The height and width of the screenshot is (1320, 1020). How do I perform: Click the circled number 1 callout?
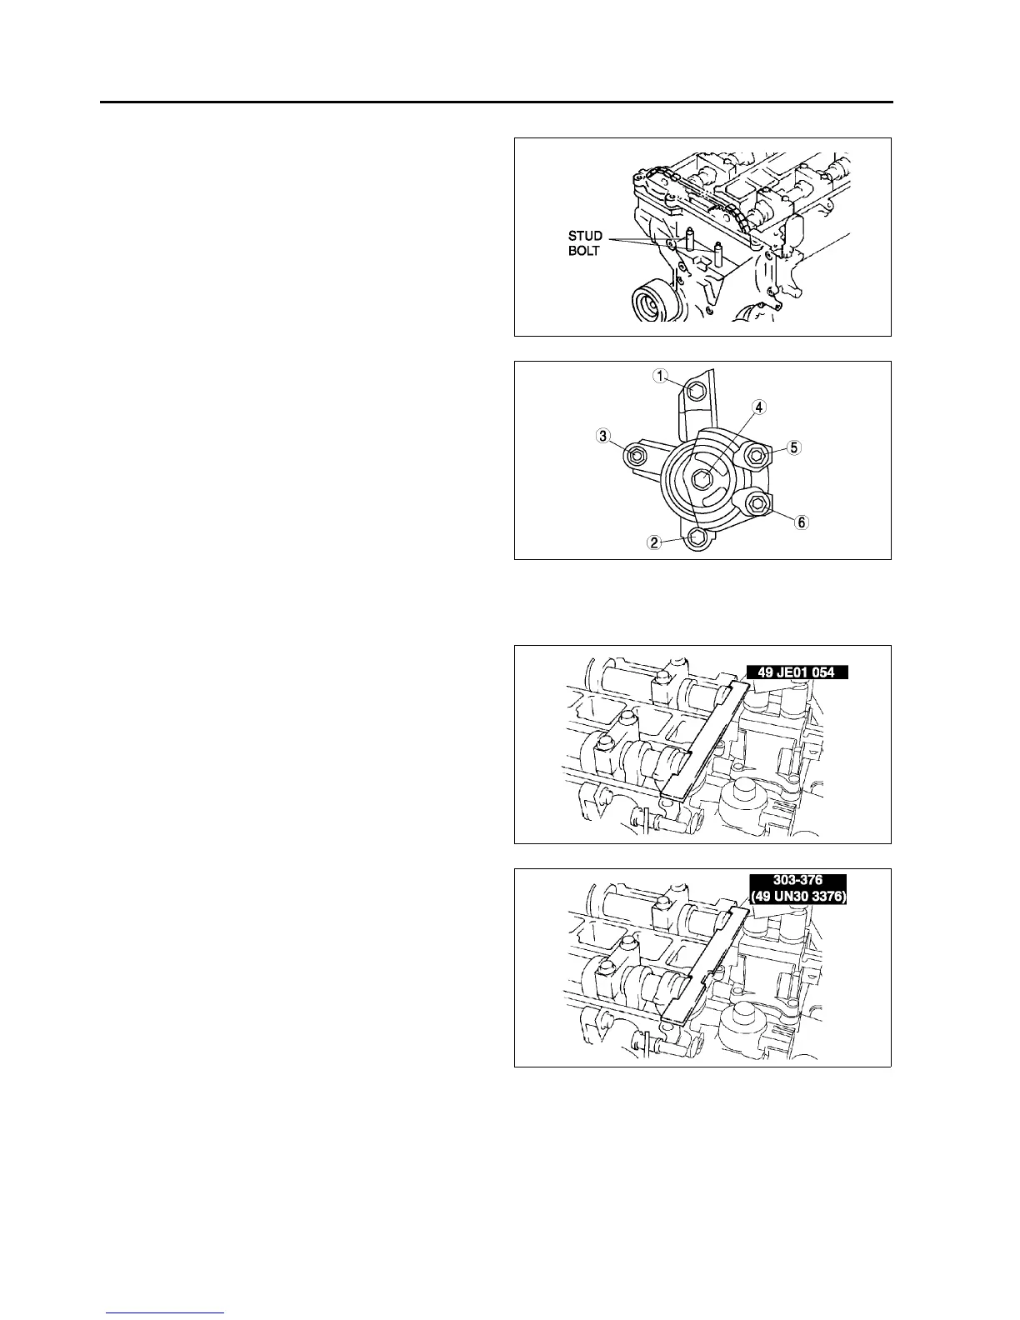[x=660, y=377]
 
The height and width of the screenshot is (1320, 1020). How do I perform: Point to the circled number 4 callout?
[x=759, y=407]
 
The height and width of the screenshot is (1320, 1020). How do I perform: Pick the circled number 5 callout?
[x=794, y=447]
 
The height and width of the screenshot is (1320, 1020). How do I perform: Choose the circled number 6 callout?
[x=801, y=522]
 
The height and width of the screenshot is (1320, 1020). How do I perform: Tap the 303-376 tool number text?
[x=797, y=880]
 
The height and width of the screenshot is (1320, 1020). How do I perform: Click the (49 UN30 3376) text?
[x=797, y=896]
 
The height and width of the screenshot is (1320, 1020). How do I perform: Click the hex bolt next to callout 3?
[x=636, y=455]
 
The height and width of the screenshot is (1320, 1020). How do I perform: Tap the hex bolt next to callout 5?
[x=756, y=454]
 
